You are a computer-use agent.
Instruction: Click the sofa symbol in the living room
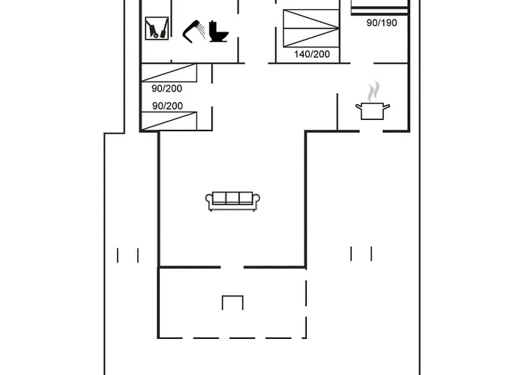point(232,201)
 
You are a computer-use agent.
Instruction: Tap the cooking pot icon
point(372,111)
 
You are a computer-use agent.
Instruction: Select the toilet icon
point(219,31)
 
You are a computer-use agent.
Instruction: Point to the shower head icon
point(193,31)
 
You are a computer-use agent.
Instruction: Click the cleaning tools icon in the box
point(157,28)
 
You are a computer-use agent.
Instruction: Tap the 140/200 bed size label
point(312,54)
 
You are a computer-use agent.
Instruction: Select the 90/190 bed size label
point(382,22)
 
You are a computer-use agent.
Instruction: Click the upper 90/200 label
point(166,88)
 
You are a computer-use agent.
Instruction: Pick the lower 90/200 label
point(167,106)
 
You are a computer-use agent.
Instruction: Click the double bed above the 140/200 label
point(311,28)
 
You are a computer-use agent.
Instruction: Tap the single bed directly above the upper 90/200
point(169,73)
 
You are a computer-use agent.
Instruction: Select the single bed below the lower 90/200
point(169,121)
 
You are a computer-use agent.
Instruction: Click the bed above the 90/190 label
point(379,7)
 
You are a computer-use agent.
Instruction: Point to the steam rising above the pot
point(374,91)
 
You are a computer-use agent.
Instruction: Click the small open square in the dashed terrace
point(232,302)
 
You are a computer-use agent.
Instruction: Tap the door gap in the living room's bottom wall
point(232,267)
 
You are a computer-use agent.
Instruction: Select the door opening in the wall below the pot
point(371,131)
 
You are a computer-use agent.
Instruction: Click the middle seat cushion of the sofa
point(232,198)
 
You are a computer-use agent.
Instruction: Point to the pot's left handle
point(358,107)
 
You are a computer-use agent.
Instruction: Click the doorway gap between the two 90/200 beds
point(212,95)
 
